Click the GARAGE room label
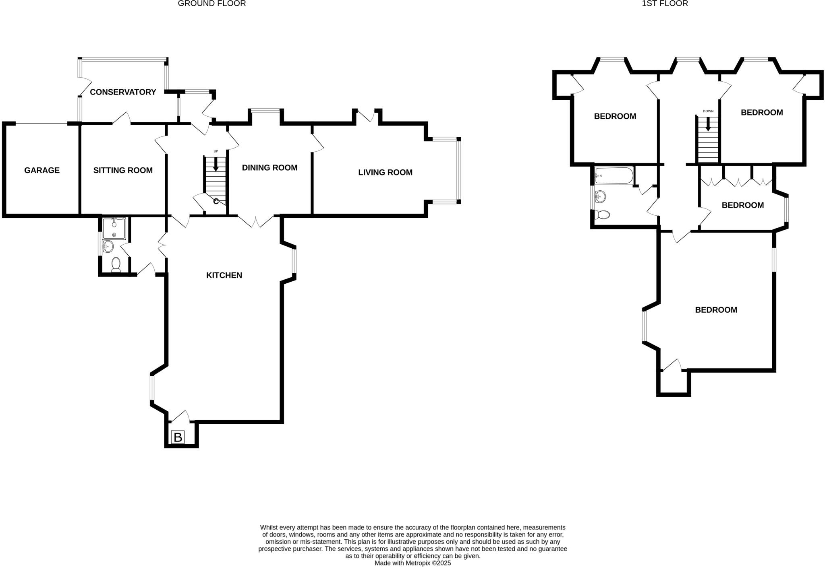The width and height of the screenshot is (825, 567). [42, 170]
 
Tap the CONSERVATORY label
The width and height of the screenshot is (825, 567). [123, 92]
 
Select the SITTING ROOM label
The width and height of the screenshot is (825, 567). [123, 170]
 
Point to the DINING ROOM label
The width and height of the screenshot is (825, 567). [269, 168]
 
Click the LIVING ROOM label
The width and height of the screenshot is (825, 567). [385, 173]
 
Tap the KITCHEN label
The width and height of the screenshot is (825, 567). [224, 275]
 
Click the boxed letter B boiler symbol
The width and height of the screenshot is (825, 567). [178, 437]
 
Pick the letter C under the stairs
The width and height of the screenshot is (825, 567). [216, 201]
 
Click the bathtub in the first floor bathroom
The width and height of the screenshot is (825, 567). [614, 176]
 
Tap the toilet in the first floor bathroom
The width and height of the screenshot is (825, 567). [603, 214]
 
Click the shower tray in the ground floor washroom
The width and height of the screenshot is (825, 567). [114, 228]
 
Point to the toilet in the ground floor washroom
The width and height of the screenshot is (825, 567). [116, 265]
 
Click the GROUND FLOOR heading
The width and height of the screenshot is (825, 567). [211, 4]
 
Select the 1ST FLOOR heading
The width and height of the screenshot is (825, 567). [665, 4]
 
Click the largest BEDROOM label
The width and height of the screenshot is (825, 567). [716, 310]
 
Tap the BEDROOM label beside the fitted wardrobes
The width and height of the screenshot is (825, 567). [742, 205]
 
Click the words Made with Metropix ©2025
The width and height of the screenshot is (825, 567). [412, 563]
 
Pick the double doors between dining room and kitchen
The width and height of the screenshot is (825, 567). [255, 222]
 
